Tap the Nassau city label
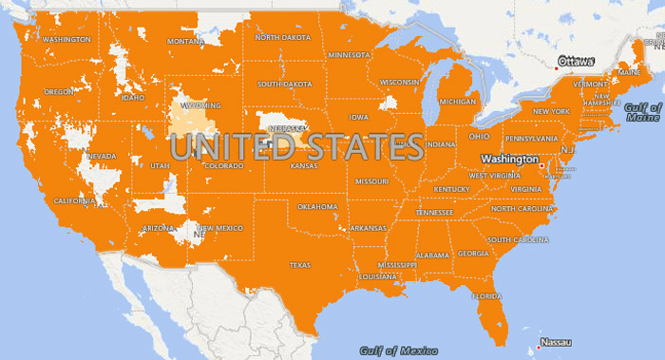(556, 342)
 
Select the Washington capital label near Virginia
(508, 159)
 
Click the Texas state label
(299, 265)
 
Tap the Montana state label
(185, 42)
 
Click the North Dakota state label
(282, 37)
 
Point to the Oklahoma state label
(317, 206)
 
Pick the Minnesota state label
(349, 55)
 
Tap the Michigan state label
(458, 102)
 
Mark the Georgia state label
(473, 254)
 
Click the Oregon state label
(59, 92)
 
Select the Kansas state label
(304, 166)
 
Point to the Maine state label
(629, 72)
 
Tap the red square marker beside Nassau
(536, 343)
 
